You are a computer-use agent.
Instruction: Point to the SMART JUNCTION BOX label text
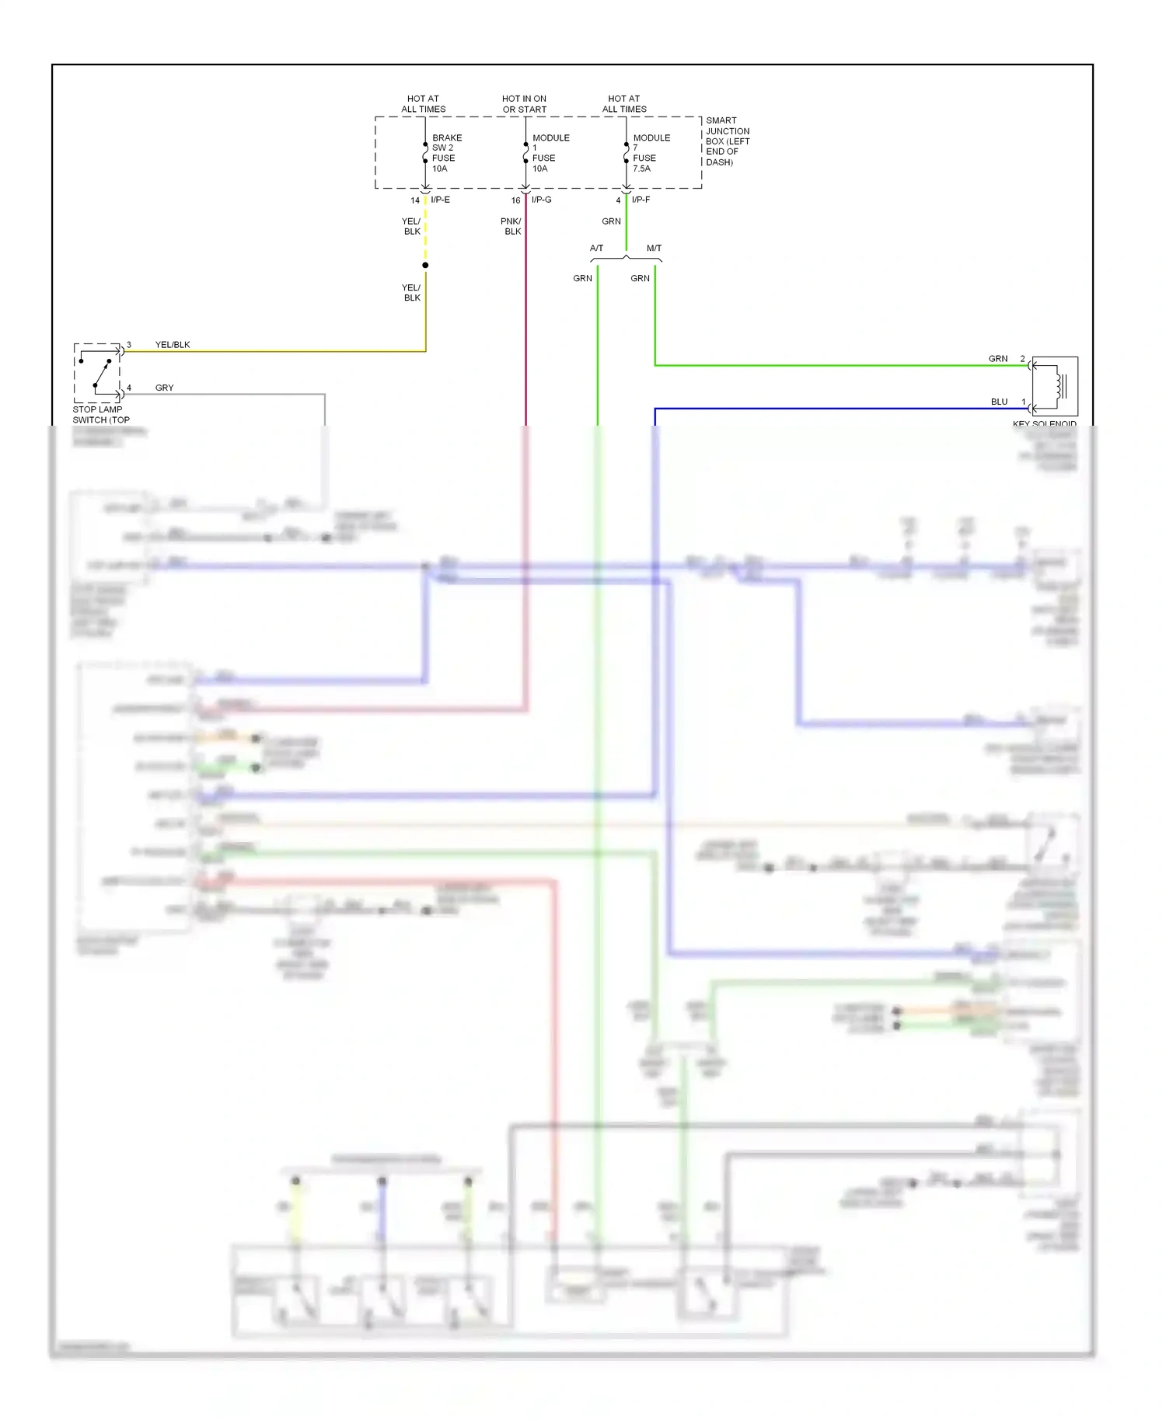click(727, 141)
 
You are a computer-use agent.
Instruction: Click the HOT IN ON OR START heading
click(524, 104)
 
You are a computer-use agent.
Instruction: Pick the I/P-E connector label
click(440, 200)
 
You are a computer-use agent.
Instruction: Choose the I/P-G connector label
click(541, 200)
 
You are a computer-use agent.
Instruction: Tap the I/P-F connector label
click(641, 200)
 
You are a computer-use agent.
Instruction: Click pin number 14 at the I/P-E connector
click(415, 200)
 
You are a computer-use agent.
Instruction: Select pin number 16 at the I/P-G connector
click(515, 200)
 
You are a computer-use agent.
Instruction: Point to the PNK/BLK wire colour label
click(511, 226)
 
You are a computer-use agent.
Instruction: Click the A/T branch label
click(596, 249)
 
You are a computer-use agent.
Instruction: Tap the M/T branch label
click(654, 249)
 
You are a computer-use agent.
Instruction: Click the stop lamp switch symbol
click(97, 373)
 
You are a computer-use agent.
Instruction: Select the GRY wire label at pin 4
click(164, 388)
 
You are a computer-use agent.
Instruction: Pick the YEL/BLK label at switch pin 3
click(173, 345)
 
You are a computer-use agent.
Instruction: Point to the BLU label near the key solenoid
click(999, 402)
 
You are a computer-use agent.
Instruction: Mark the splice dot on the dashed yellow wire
click(425, 266)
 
